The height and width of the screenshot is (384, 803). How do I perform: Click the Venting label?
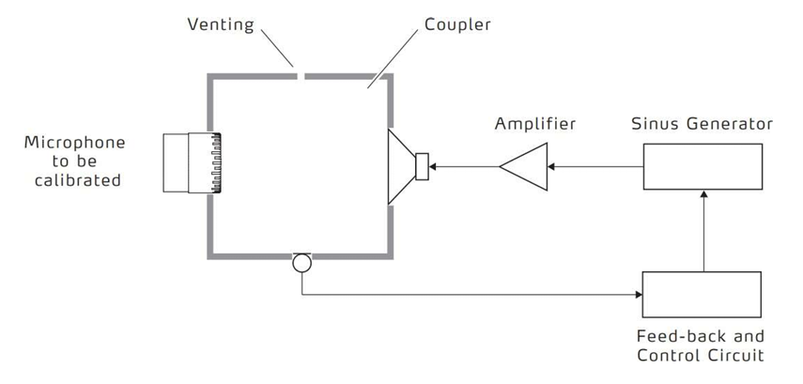pos(221,24)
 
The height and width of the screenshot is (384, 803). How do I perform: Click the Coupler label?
pos(457,24)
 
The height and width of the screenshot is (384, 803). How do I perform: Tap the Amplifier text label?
pos(537,124)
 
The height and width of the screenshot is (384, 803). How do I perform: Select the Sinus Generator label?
pos(702,124)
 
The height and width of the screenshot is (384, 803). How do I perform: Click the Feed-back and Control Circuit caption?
pos(701,345)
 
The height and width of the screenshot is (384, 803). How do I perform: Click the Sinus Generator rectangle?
pos(702,167)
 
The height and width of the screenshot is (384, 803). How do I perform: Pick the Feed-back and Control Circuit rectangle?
pos(702,294)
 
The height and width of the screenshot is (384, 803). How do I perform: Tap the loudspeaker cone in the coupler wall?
pos(401,167)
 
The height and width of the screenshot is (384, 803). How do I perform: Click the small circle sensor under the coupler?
pos(301,262)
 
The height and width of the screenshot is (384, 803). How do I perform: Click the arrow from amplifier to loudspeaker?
pos(464,167)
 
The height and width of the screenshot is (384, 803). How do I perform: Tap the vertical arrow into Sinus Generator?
pos(703,230)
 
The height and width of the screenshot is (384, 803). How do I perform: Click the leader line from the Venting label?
pos(278,51)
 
